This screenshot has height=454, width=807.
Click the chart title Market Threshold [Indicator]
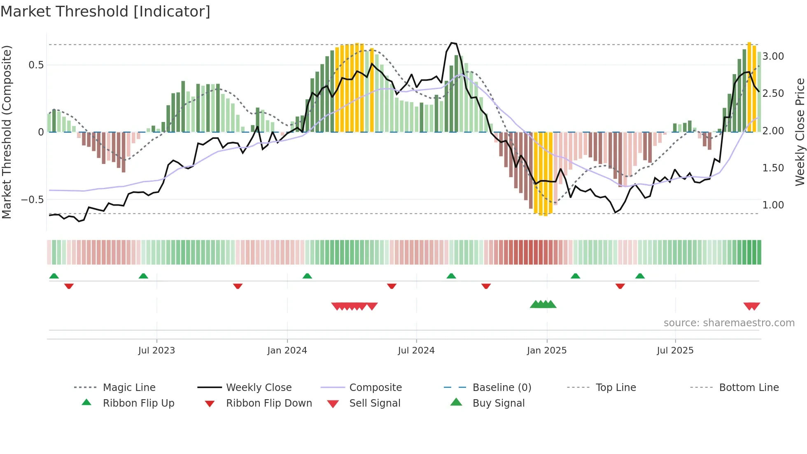pyautogui.click(x=105, y=12)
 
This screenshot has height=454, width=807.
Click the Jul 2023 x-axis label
pyautogui.click(x=156, y=351)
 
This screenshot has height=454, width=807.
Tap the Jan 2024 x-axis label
pyautogui.click(x=287, y=351)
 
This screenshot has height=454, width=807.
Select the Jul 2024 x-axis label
pyautogui.click(x=416, y=351)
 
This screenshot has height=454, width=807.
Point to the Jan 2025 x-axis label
pyautogui.click(x=547, y=351)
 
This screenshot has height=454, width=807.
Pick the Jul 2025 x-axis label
pyautogui.click(x=675, y=351)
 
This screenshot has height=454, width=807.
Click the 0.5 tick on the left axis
pyautogui.click(x=36, y=65)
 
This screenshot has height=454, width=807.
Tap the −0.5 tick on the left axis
pyautogui.click(x=33, y=200)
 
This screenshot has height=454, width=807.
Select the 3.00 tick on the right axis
pyautogui.click(x=773, y=56)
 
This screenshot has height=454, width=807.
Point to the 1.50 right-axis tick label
pyautogui.click(x=773, y=168)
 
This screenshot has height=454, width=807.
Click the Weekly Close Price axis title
pyautogui.click(x=800, y=132)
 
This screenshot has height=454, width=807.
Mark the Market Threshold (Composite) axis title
pyautogui.click(x=7, y=132)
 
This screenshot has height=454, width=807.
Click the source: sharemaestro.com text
pyautogui.click(x=729, y=323)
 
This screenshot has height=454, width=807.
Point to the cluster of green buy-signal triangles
pyautogui.click(x=543, y=304)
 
